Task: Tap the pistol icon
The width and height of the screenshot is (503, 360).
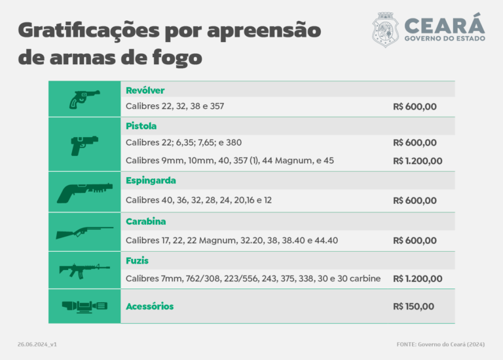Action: [84, 144]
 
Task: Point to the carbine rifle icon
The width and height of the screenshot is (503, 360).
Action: [84, 232]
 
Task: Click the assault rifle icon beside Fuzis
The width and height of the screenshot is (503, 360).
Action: [84, 270]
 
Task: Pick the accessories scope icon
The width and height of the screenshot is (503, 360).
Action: [84, 306]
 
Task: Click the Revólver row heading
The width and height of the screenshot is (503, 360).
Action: [145, 90]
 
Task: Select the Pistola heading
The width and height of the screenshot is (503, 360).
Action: [141, 125]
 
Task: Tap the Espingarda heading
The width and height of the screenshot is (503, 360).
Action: [151, 180]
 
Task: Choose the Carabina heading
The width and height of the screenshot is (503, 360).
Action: [146, 222]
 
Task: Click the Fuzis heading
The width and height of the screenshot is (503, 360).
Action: [137, 260]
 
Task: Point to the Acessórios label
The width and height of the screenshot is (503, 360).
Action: [149, 306]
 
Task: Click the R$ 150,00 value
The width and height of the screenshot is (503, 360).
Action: [413, 306]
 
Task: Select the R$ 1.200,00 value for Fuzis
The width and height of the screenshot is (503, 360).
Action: [417, 279]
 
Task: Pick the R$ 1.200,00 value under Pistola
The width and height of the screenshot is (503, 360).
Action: [417, 161]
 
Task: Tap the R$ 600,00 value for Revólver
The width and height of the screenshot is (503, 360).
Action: [415, 106]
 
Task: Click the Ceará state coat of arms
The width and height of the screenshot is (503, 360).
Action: [385, 30]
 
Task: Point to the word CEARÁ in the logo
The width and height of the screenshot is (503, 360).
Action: [444, 24]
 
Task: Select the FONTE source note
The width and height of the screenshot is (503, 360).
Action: [440, 344]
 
